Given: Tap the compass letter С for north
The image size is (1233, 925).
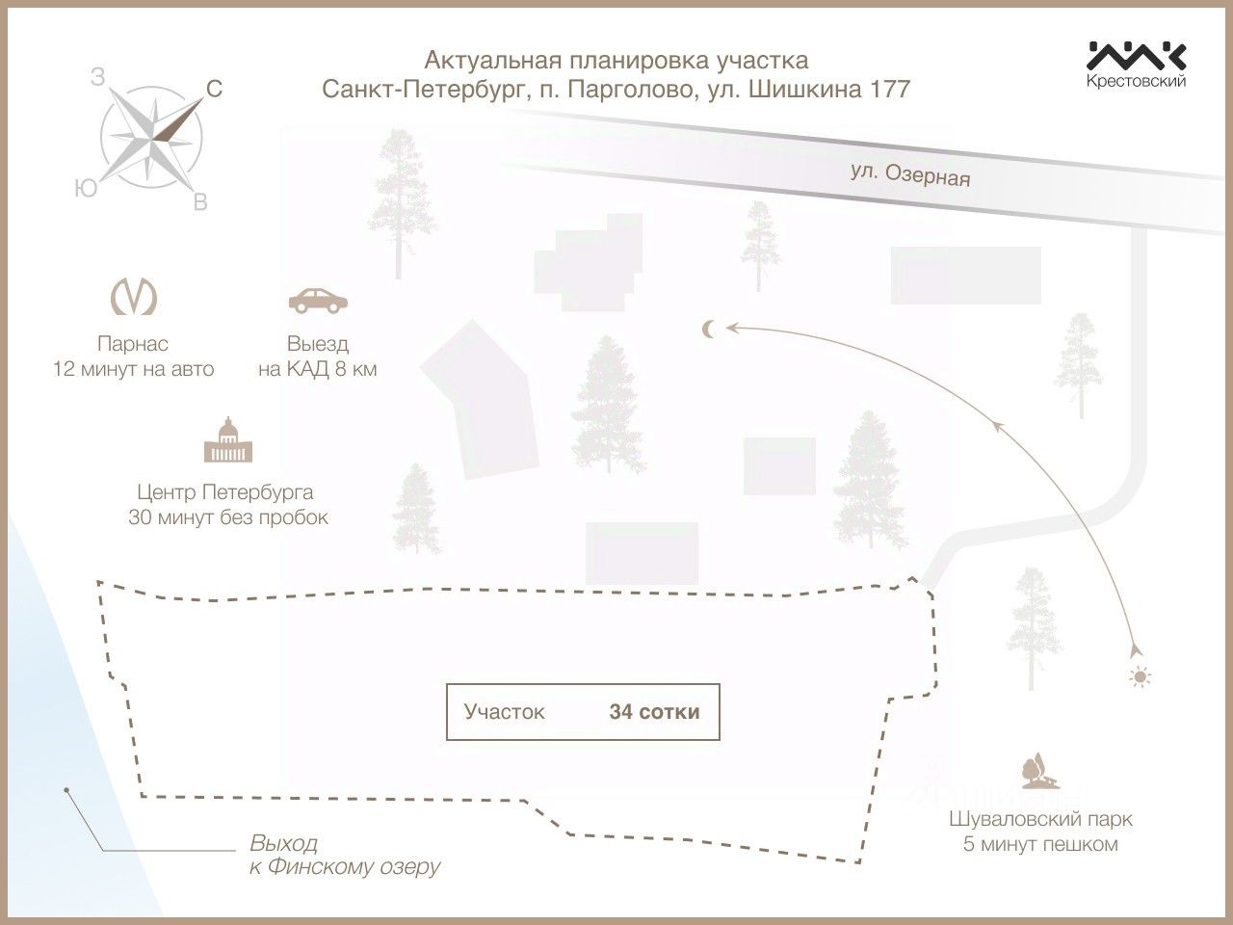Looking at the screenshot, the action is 214,90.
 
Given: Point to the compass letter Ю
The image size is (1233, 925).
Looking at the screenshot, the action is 86,189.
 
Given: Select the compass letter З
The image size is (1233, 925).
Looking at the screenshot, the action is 97,77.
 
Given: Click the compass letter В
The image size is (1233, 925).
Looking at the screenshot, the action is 200,202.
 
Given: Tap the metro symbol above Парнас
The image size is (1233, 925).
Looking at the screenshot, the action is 134,297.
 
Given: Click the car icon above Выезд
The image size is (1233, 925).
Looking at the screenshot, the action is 318,301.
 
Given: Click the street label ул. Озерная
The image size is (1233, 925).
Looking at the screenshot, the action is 910,174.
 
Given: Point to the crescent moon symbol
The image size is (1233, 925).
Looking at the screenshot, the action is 709,330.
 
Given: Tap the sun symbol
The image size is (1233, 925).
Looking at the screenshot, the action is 1140,677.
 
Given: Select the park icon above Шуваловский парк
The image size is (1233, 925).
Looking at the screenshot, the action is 1040,771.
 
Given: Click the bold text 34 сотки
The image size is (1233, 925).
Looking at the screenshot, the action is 654,712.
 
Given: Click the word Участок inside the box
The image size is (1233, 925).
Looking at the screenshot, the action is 504,712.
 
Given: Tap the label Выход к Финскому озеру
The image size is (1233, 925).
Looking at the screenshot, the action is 344,856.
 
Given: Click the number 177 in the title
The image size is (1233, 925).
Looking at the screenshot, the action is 890,90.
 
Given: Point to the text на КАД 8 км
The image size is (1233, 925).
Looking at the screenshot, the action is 317,370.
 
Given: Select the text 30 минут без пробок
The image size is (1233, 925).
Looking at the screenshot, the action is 228,517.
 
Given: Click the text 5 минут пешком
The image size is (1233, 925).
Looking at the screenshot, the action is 1040,844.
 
